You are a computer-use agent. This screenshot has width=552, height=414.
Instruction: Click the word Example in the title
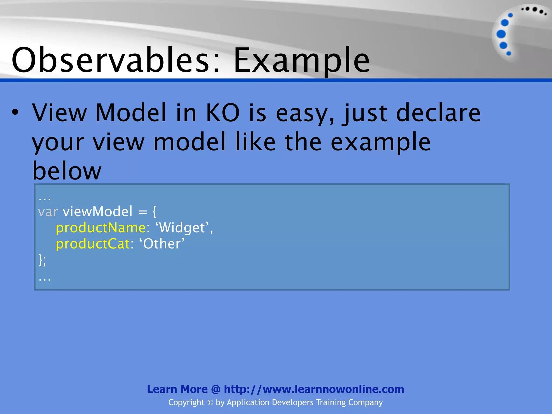pyautogui.click(x=301, y=61)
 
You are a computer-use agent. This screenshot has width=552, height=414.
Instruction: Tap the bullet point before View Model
pyautogui.click(x=15, y=113)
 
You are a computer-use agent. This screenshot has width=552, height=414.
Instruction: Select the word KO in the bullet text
pyautogui.click(x=223, y=113)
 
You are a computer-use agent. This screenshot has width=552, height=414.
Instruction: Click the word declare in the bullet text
pyautogui.click(x=438, y=113)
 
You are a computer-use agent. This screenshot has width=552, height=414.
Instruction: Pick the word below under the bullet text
pyautogui.click(x=67, y=171)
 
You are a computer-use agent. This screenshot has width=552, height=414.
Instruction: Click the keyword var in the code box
pyautogui.click(x=48, y=212)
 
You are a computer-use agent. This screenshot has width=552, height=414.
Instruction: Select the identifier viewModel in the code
pyautogui.click(x=98, y=212)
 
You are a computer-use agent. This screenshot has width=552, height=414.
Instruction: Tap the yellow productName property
pyautogui.click(x=101, y=228)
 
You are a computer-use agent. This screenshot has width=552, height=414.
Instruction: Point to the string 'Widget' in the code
pyautogui.click(x=183, y=228)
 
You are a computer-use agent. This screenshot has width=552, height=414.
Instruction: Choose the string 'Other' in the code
pyautogui.click(x=162, y=244)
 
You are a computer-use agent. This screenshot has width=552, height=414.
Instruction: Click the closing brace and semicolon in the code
pyautogui.click(x=42, y=260)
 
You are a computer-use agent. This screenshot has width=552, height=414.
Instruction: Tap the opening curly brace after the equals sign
pyautogui.click(x=154, y=212)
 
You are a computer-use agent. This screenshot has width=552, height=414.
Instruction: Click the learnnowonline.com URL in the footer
pyautogui.click(x=314, y=389)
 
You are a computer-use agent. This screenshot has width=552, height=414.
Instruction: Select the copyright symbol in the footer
pyautogui.click(x=210, y=403)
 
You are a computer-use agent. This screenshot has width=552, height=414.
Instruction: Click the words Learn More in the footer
pyautogui.click(x=177, y=389)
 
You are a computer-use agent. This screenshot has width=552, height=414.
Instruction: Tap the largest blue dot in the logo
pyautogui.click(x=501, y=34)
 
